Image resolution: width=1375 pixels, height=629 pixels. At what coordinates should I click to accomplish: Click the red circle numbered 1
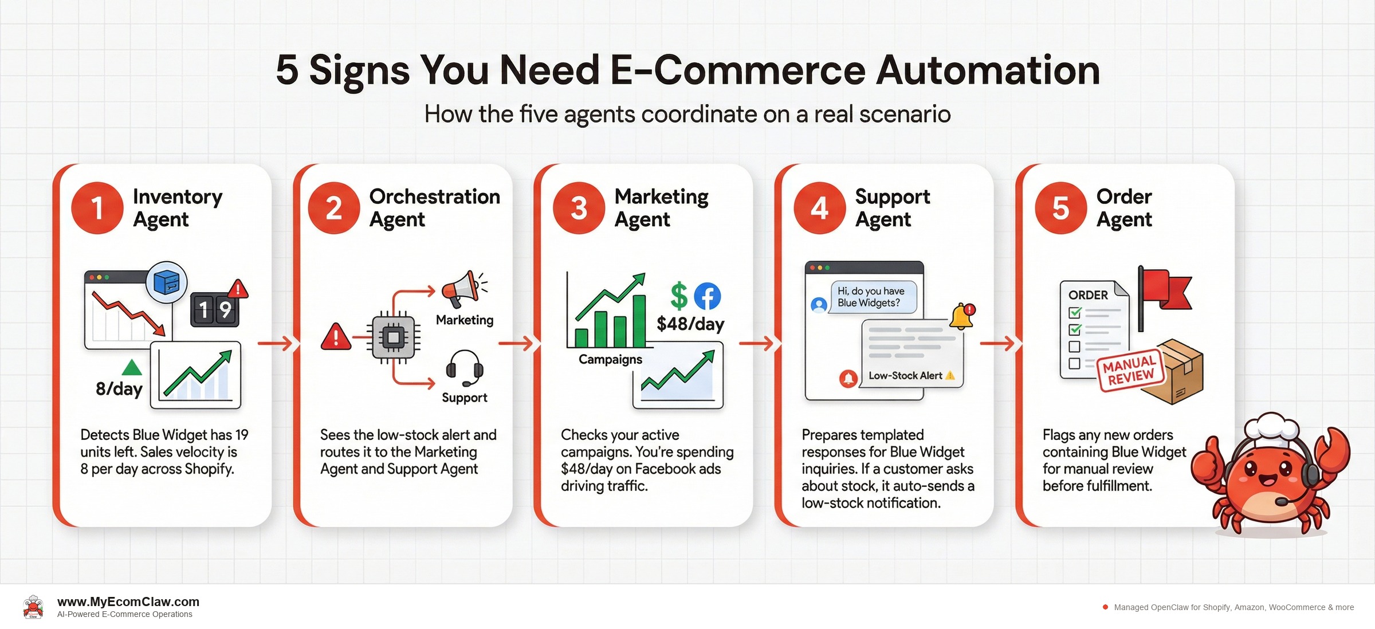[97, 208]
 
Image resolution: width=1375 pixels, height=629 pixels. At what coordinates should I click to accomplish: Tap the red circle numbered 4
[819, 208]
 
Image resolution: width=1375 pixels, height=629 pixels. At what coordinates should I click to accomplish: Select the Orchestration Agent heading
[434, 208]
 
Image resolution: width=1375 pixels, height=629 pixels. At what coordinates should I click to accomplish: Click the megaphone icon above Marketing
[462, 289]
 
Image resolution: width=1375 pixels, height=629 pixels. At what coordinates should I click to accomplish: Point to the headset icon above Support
[465, 368]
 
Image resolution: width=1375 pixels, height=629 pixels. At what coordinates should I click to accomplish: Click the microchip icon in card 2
[393, 338]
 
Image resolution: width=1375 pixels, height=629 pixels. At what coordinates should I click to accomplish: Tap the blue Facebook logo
[708, 296]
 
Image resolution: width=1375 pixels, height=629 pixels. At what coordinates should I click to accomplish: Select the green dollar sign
[679, 296]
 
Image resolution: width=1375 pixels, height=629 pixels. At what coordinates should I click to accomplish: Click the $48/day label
[690, 324]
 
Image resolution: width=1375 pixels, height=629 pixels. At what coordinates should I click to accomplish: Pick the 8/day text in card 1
[119, 389]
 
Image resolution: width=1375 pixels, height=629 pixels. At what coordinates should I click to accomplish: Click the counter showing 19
[214, 310]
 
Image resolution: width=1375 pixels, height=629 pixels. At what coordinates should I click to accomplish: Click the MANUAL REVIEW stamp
[1130, 371]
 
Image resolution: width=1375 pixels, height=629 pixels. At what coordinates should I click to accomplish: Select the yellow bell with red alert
[962, 316]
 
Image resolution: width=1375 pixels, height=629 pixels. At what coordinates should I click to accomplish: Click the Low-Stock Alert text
[905, 376]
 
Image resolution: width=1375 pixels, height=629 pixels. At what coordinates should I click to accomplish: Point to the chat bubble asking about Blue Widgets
[873, 297]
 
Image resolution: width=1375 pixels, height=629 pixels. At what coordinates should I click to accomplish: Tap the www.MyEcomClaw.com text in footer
[128, 602]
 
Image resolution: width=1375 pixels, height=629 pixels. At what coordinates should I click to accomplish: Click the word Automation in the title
[988, 70]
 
